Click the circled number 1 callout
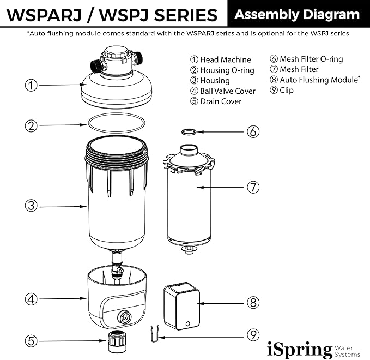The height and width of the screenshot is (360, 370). tap(32, 85)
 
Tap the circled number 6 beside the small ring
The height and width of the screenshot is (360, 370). tap(252, 131)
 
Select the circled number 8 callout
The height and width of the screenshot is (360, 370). tap(252, 302)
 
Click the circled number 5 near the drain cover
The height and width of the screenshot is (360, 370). tap(32, 341)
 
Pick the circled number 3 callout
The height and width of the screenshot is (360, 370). tap(32, 206)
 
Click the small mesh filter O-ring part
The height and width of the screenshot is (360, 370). tap(189, 131)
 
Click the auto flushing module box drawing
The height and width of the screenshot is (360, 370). tap(181, 305)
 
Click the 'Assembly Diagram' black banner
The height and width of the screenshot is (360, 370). tap(297, 15)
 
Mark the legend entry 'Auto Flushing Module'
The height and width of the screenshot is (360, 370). tap(314, 80)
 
